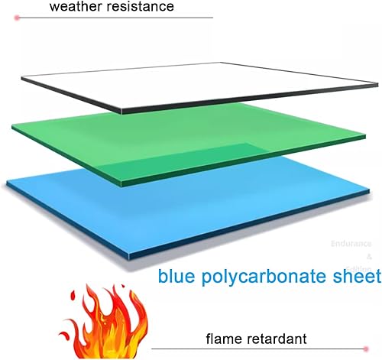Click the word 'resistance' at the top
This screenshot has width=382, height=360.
137,8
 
